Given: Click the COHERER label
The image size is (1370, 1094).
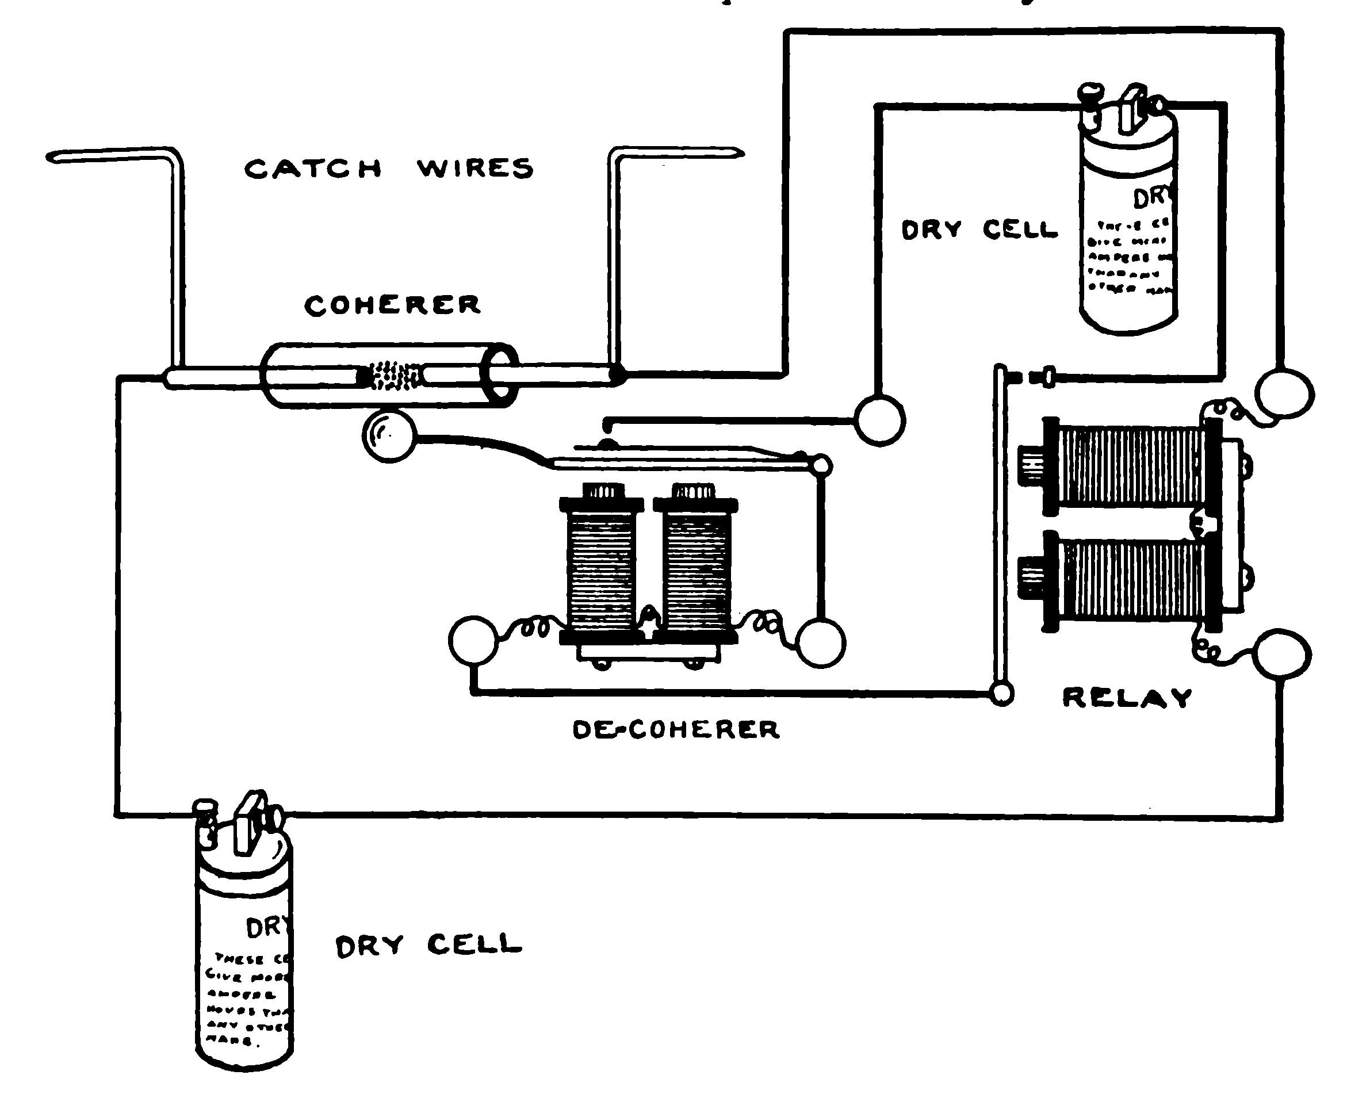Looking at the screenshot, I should point(392,305).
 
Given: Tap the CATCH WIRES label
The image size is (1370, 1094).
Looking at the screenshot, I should point(389,169).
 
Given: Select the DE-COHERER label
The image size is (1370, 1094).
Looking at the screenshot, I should point(675,729).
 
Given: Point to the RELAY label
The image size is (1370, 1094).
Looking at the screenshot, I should point(1127,698).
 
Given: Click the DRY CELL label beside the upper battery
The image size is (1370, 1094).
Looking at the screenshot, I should point(979,229).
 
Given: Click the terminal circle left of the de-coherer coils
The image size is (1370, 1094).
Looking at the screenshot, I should point(473,640).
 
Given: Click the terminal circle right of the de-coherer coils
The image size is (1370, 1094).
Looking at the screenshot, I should point(821,642).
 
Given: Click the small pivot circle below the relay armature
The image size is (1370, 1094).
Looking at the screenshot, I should point(1001,694).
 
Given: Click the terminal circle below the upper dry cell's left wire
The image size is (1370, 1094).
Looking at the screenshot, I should point(879,419).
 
